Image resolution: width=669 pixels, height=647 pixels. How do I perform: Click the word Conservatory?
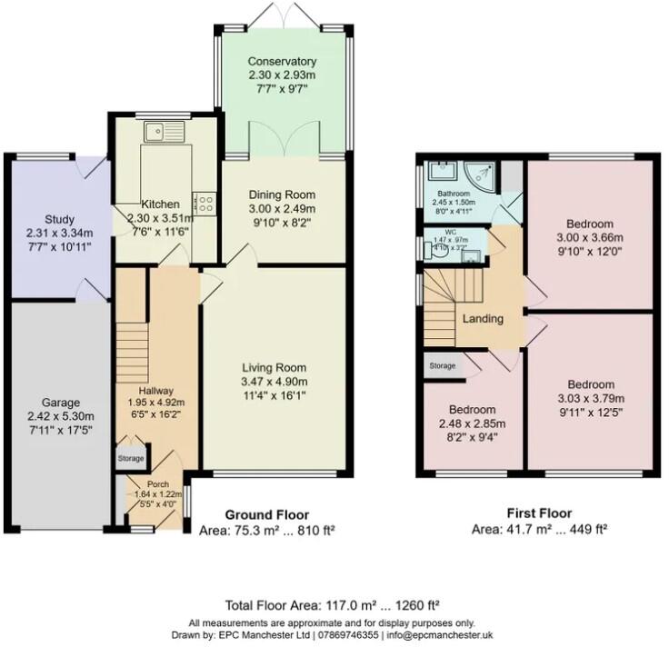282,62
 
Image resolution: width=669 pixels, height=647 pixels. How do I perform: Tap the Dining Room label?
282,194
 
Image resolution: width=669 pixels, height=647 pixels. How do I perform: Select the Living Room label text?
276,366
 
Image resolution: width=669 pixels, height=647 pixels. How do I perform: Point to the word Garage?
60,403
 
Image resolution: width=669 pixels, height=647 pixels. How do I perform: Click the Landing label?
482,319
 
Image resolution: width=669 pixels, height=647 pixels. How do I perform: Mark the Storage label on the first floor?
442,366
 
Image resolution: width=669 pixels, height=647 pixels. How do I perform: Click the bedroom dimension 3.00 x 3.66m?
589,238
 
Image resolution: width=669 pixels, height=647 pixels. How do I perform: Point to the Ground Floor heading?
266,513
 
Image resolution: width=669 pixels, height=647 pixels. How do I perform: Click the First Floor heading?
539,513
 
